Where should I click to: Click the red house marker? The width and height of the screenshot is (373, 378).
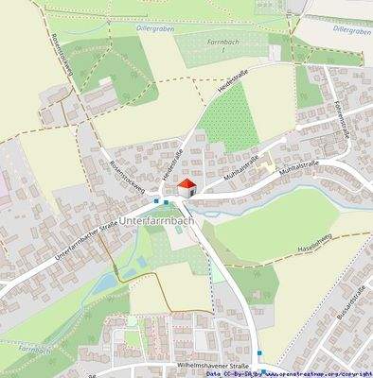click(186, 186)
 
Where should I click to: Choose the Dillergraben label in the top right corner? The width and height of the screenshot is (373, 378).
click(352, 30)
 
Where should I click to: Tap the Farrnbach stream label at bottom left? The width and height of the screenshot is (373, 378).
click(32, 349)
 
